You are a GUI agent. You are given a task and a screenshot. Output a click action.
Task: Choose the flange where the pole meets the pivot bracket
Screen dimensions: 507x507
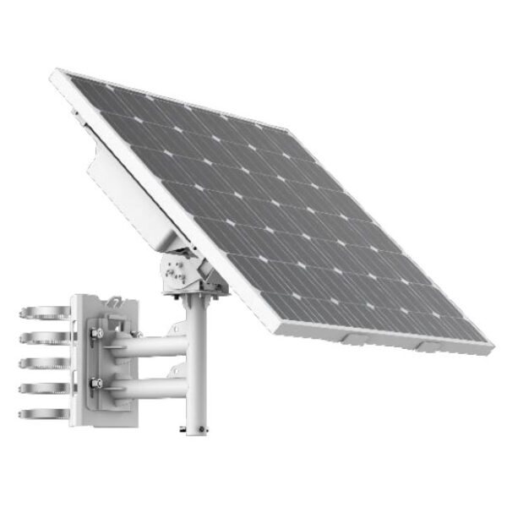pyautogui.click(x=198, y=292)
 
